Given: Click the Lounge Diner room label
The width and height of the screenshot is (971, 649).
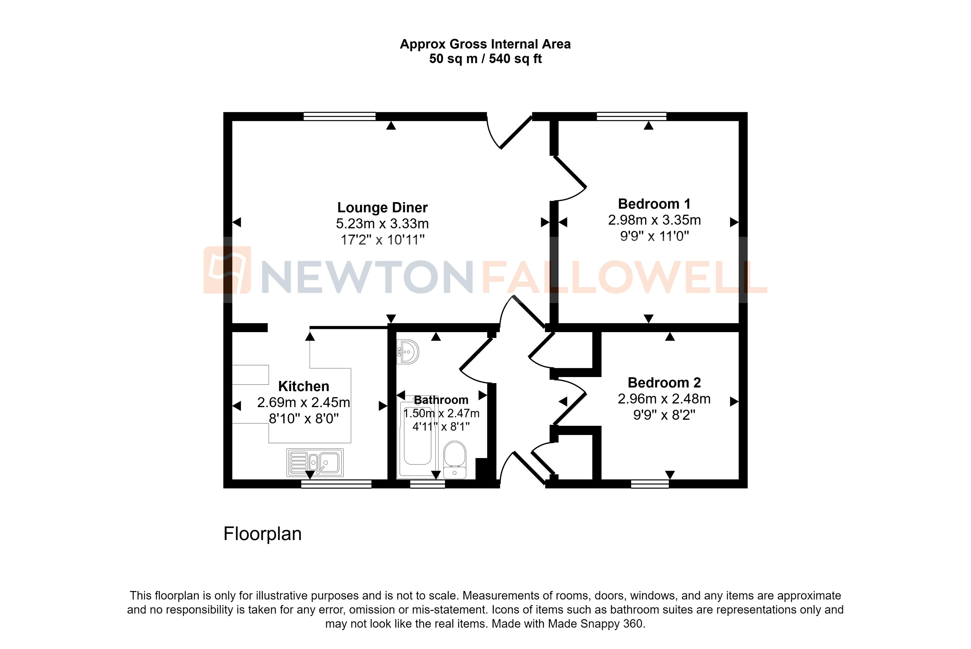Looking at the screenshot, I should (382, 207).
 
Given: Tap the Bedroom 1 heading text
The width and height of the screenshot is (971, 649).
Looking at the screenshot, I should (654, 204).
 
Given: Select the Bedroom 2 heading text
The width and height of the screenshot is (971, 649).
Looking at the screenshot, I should (664, 383).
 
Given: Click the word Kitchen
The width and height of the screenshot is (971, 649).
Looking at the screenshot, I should (304, 386).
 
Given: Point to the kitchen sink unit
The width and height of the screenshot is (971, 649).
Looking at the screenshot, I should (315, 462).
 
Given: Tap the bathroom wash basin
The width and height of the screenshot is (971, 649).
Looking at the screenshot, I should (408, 352).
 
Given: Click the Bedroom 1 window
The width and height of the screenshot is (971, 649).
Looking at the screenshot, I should (631, 116).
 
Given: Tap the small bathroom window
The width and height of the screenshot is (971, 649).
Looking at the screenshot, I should (427, 484).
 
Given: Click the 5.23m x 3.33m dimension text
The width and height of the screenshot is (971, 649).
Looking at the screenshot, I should (382, 223).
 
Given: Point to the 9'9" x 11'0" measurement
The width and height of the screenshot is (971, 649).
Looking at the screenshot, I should (654, 236).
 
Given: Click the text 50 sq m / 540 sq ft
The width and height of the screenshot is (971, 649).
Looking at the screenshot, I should (485, 59).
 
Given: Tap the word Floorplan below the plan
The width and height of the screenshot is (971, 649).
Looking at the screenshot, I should (262, 534).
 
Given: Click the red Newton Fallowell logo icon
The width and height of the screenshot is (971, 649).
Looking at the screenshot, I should (227, 270).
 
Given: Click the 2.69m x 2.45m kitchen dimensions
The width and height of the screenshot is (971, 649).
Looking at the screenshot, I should (304, 402).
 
